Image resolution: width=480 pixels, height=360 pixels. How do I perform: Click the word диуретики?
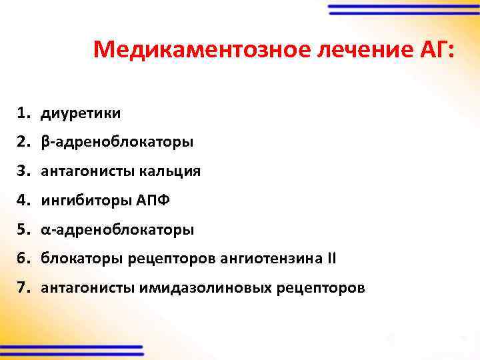(x=81, y=113)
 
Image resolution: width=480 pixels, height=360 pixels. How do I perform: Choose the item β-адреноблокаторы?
(x=117, y=142)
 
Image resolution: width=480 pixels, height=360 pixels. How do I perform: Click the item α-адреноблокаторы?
(x=117, y=230)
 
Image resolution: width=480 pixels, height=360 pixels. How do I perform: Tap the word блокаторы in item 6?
(x=83, y=259)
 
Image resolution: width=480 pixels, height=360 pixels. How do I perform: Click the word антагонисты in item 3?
(x=88, y=171)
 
